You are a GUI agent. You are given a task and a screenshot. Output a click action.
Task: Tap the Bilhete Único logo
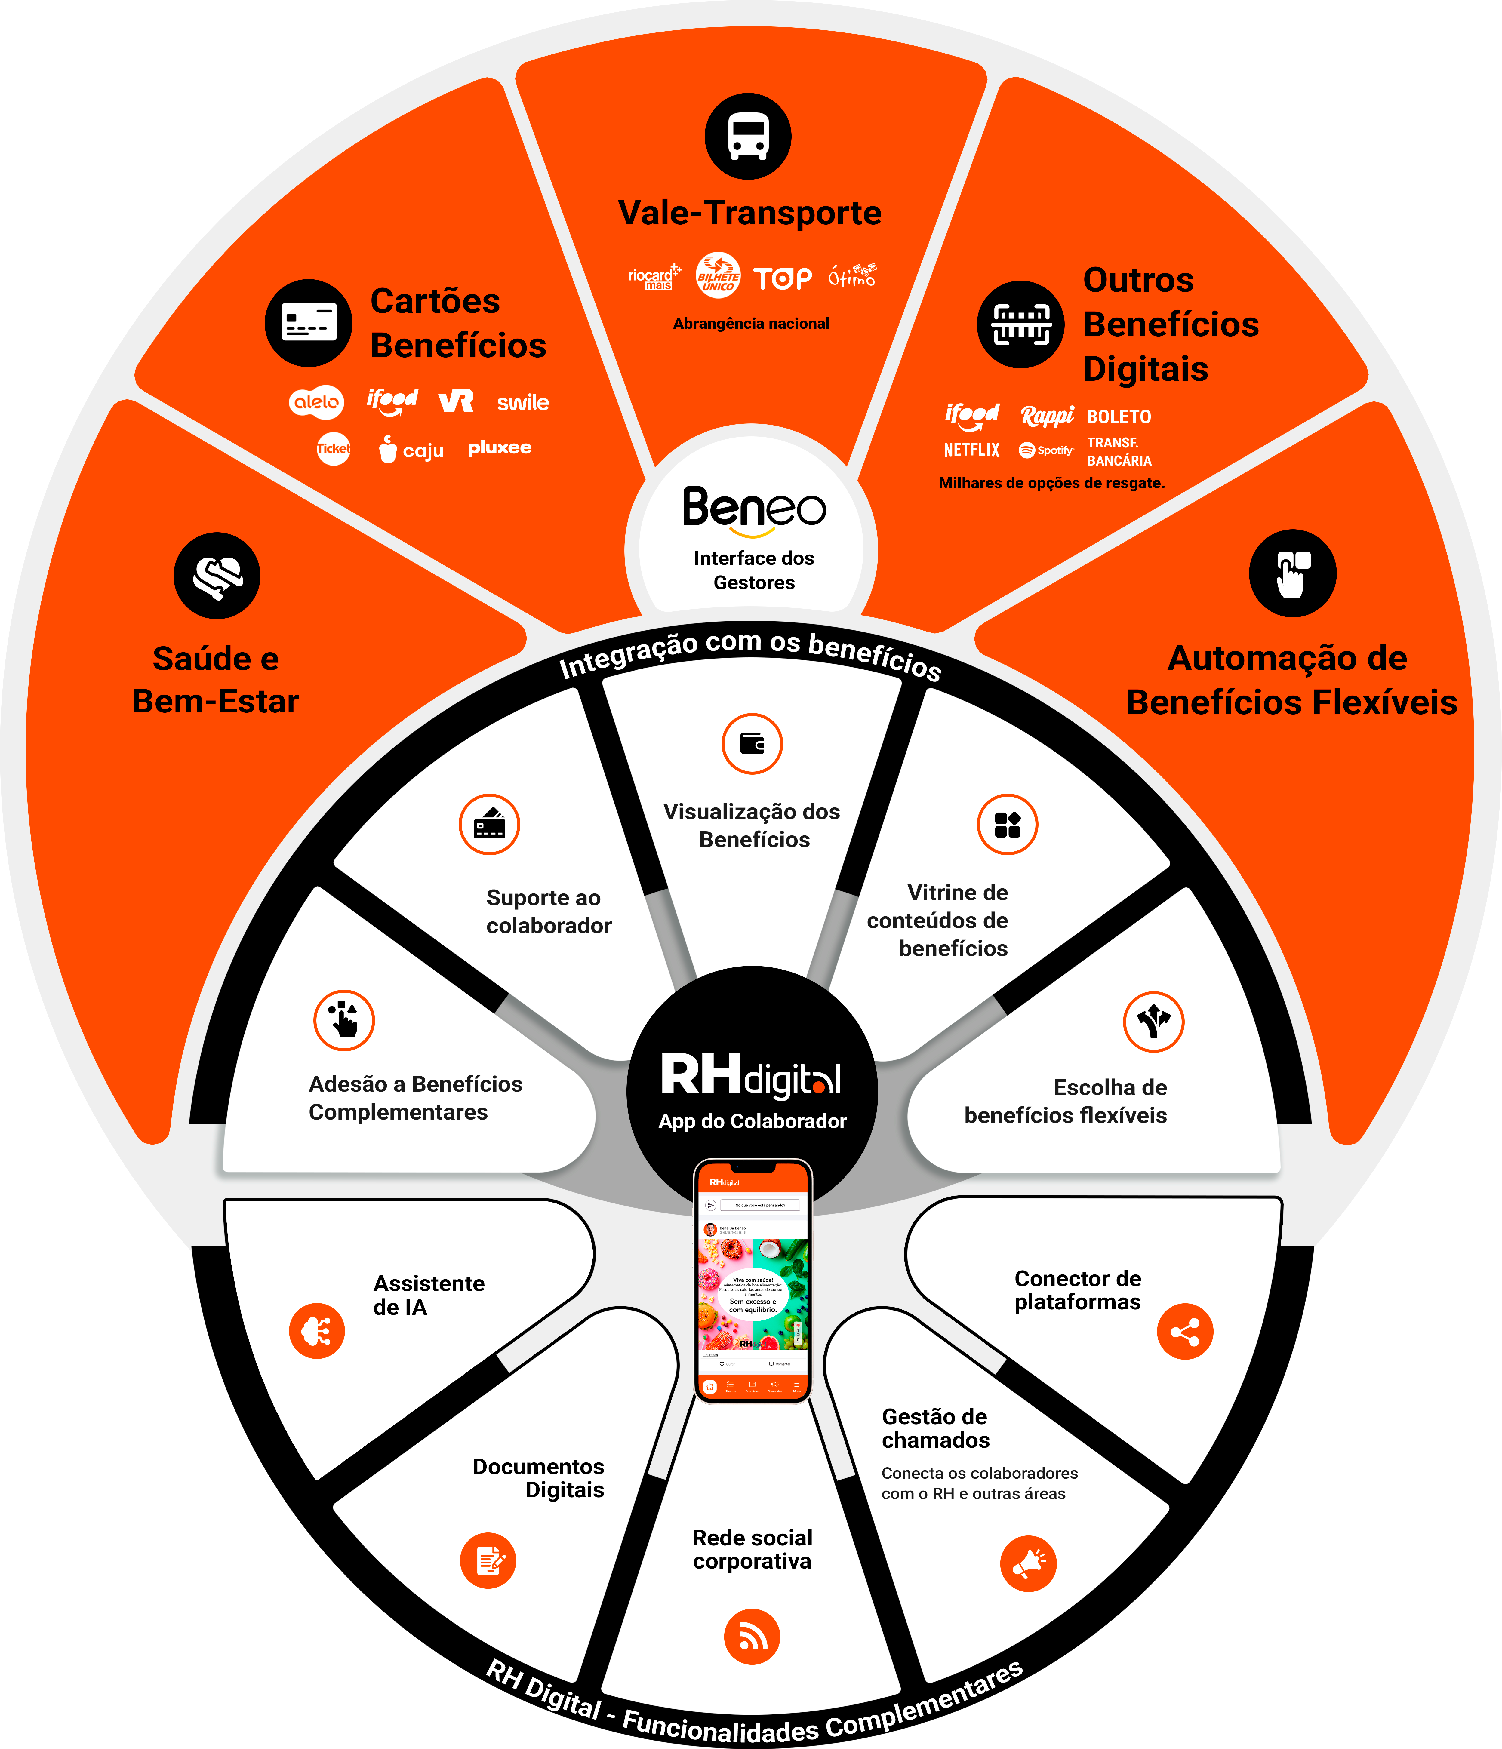pos(718,275)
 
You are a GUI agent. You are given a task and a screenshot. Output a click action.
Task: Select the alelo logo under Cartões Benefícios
pos(317,402)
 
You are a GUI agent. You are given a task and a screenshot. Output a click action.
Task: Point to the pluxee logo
pos(500,447)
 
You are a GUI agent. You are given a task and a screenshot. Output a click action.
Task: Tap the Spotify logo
pos(1045,450)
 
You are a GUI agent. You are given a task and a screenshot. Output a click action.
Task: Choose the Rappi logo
pos(1047,415)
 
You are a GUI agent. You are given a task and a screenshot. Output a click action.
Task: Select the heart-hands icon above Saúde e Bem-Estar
pos(217,576)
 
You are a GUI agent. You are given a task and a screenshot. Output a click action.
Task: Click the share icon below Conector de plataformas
pos(1184,1332)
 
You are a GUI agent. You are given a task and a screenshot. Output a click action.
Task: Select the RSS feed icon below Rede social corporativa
pos(751,1637)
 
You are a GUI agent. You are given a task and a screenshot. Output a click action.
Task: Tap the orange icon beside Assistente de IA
pos(317,1331)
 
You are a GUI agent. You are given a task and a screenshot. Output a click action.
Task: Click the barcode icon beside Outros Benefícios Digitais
pos(1021,324)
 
